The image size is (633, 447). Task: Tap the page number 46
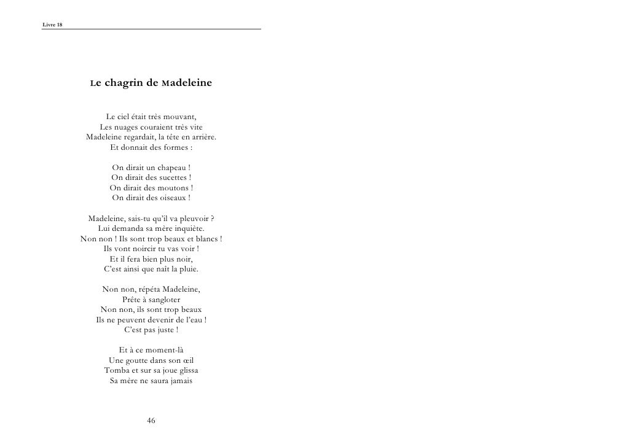pos(151,421)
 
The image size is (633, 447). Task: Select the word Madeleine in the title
pos(186,84)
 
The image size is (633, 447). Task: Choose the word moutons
pos(170,188)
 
